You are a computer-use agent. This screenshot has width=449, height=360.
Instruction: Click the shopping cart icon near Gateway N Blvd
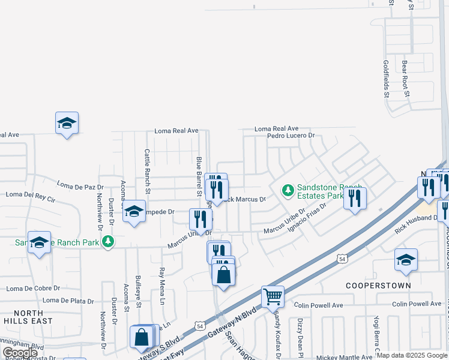tap(273, 296)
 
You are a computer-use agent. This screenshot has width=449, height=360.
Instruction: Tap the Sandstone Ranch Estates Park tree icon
tap(288, 191)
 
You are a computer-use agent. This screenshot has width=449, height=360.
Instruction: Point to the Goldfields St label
tap(387, 79)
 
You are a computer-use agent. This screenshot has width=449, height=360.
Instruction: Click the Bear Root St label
tap(406, 78)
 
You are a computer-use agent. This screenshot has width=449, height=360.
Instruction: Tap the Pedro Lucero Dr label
tap(291, 136)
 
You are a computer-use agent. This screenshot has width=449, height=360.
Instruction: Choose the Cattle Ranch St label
tap(147, 167)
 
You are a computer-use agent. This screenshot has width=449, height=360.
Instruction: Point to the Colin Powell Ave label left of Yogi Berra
tap(319, 305)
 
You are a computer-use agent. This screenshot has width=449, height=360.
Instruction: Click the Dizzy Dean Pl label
tap(298, 335)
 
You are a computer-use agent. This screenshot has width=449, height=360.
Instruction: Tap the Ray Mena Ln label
tap(161, 287)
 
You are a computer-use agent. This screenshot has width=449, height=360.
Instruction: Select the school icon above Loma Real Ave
tap(67, 123)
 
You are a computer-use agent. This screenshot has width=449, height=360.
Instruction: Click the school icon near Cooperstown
tap(406, 259)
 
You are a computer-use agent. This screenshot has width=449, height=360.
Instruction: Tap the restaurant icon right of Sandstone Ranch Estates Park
tap(355, 198)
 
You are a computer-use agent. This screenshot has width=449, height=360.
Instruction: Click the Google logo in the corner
tap(20, 353)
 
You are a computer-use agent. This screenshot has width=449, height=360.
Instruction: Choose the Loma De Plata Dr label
tap(68, 301)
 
